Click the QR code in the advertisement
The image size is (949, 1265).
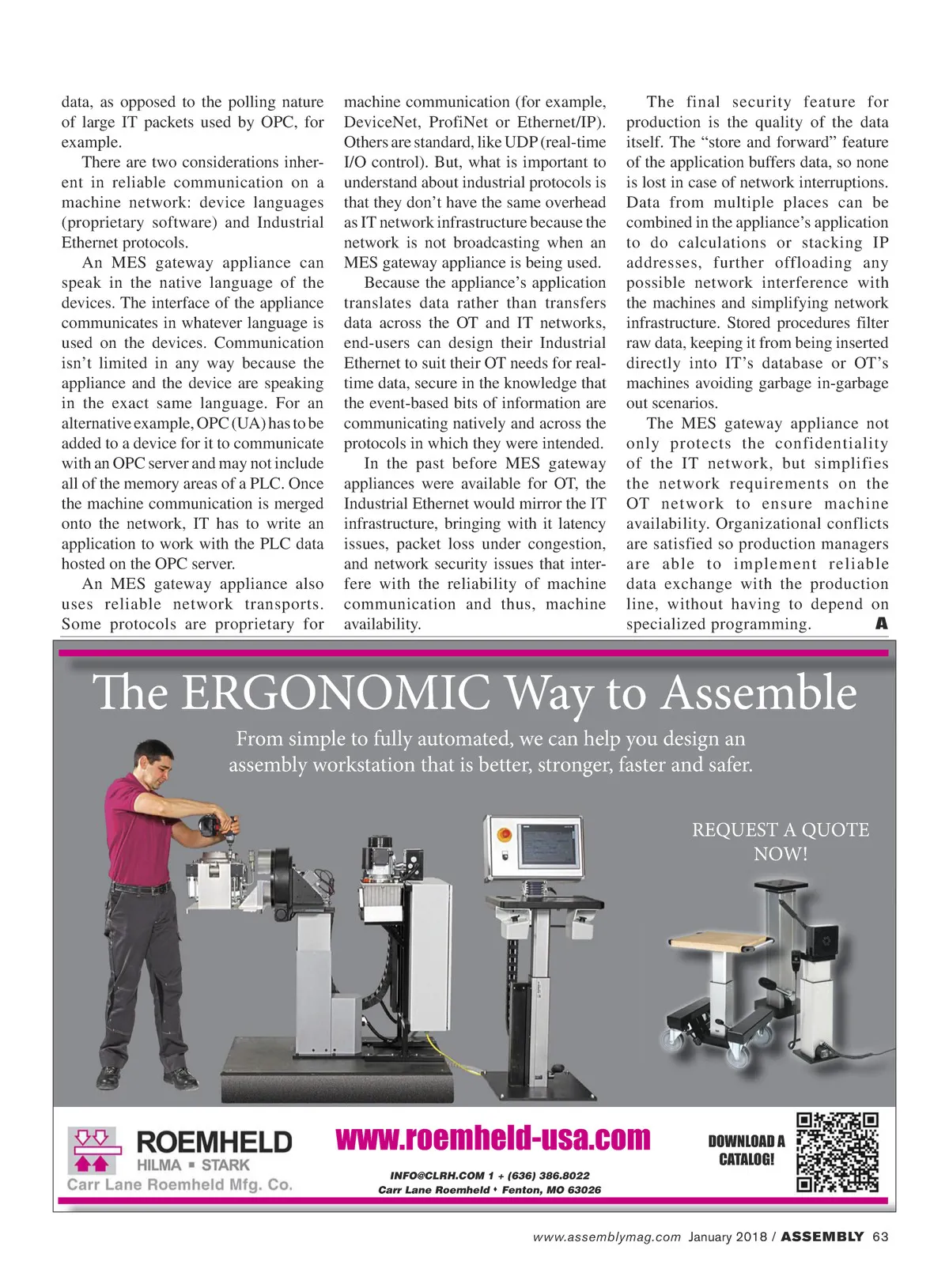pyautogui.click(x=837, y=1152)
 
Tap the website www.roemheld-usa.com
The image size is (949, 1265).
pyautogui.click(x=493, y=1138)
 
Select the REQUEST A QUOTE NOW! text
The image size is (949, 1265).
pyautogui.click(x=780, y=841)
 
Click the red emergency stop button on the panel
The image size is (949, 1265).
pyautogui.click(x=504, y=835)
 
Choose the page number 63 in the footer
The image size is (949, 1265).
pyautogui.click(x=880, y=1237)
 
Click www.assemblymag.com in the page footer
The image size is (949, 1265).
pyautogui.click(x=607, y=1237)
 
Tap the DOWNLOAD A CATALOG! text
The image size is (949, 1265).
pyautogui.click(x=747, y=1150)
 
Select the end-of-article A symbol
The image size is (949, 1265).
pyautogui.click(x=881, y=624)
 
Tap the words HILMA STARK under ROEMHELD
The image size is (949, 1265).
pyautogui.click(x=192, y=1165)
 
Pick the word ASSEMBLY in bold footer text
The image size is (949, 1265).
pyautogui.click(x=822, y=1237)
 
